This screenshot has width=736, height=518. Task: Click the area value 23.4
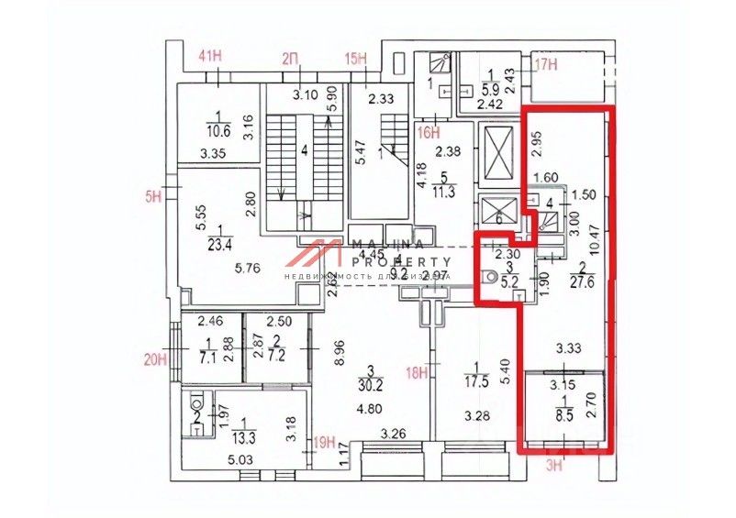(218, 244)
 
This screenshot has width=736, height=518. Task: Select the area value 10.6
(217, 128)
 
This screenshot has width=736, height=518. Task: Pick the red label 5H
(156, 194)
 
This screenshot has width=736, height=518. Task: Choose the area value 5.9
(490, 90)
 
